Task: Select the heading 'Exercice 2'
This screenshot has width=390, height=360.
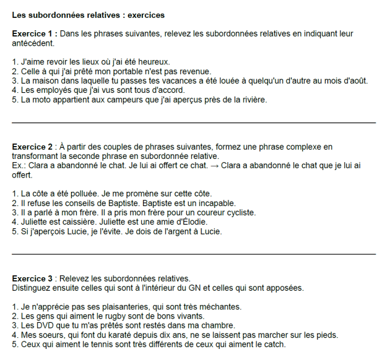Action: tap(32, 147)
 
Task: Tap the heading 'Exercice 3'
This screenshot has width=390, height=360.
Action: tap(32, 278)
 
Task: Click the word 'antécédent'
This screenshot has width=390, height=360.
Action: tap(33, 44)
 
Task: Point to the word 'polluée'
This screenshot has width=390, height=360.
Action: tap(95, 194)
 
